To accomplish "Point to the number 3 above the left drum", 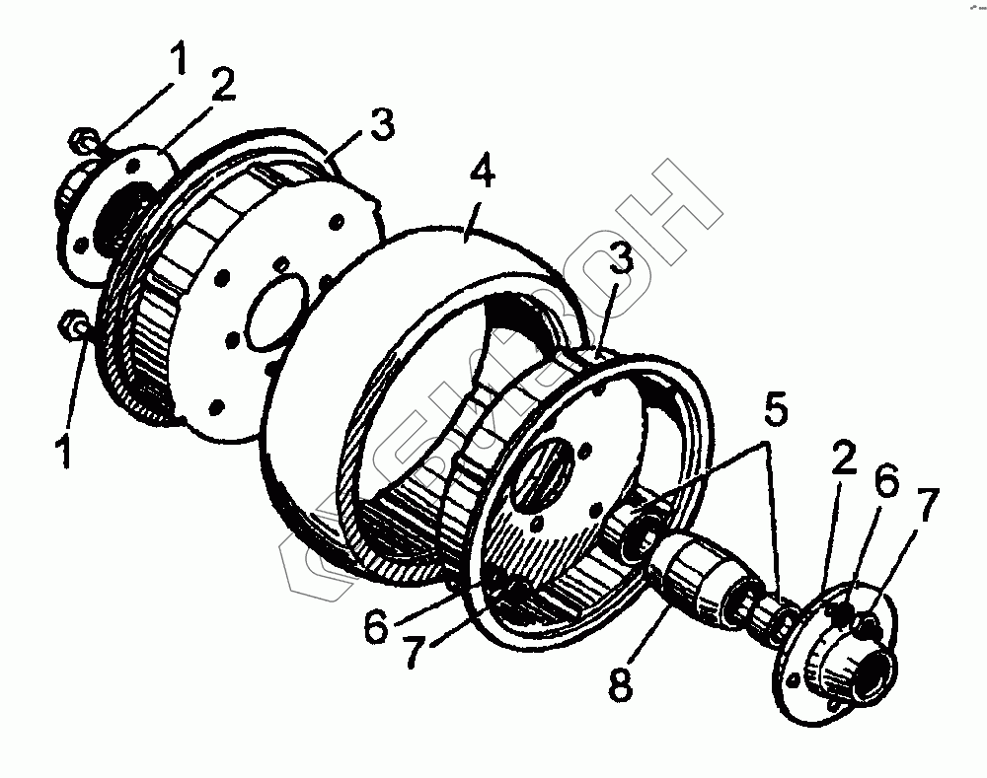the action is (381, 126).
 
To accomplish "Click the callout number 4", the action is (483, 174).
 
